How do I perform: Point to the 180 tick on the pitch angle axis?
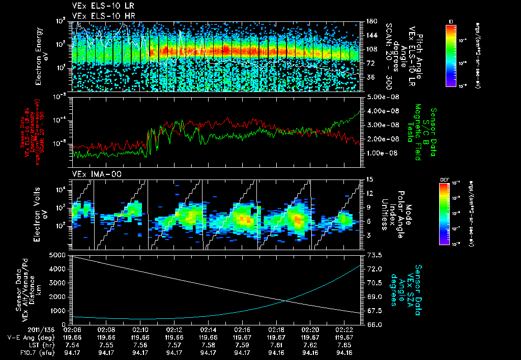coord(371,21)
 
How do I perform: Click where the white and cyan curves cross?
coord(286,301)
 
